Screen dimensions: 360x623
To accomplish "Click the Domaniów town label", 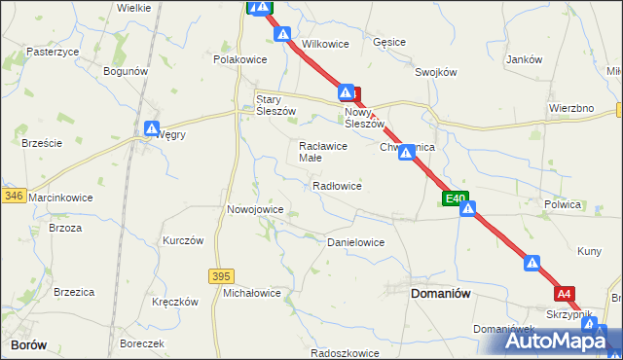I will (441, 292).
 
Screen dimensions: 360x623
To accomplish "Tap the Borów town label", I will (29, 344).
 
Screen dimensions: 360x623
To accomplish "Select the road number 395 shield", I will (221, 276).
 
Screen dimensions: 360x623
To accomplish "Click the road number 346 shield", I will (13, 197).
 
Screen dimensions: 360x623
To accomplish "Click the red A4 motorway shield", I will (566, 292).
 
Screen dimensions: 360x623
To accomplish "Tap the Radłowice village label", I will (337, 186).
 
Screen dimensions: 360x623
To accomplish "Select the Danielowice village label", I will (355, 242).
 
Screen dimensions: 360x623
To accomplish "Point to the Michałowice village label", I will (252, 293).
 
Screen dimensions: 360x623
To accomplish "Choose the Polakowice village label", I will (240, 59).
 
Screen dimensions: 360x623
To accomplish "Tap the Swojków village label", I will (435, 72).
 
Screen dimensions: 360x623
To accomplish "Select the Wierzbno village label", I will (571, 108).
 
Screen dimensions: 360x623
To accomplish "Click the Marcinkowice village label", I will (60, 198).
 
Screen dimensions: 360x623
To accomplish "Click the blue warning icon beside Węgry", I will (152, 128).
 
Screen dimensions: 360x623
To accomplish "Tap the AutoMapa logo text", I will (559, 342).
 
